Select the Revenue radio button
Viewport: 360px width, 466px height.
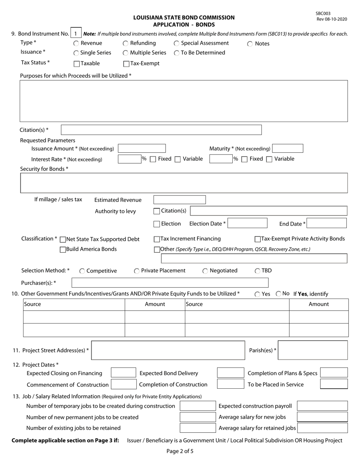click(76, 44)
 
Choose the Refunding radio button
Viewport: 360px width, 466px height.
click(125, 44)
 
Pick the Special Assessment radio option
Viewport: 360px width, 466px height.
click(177, 44)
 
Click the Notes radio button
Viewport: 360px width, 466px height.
click(250, 44)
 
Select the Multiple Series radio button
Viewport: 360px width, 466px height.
click(125, 53)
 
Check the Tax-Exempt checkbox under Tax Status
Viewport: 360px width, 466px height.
click(127, 64)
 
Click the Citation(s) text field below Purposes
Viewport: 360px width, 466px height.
click(161, 130)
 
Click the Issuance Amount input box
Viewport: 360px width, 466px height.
click(142, 149)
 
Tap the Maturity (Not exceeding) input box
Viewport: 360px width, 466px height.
click(287, 149)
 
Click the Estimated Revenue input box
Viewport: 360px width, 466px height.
click(179, 200)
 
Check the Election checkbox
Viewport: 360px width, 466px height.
click(157, 224)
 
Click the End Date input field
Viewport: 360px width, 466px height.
click(326, 224)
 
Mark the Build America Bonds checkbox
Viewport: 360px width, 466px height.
click(63, 250)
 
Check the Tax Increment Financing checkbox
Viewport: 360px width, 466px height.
click(157, 239)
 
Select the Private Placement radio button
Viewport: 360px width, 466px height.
click(137, 271)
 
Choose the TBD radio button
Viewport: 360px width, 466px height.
click(258, 271)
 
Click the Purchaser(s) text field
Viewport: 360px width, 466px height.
click(170, 283)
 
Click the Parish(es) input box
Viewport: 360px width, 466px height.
click(313, 350)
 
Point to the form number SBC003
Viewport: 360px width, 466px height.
click(323, 14)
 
